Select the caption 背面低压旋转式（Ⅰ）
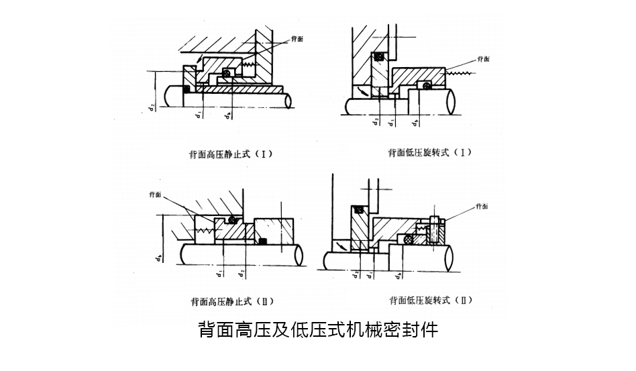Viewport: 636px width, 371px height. coord(430,152)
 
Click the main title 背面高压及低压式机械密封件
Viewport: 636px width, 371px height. coord(318,330)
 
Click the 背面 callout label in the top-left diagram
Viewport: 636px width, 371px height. coord(297,40)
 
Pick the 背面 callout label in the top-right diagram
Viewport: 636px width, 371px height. coord(482,59)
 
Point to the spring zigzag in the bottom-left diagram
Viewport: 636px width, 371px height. coord(203,230)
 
